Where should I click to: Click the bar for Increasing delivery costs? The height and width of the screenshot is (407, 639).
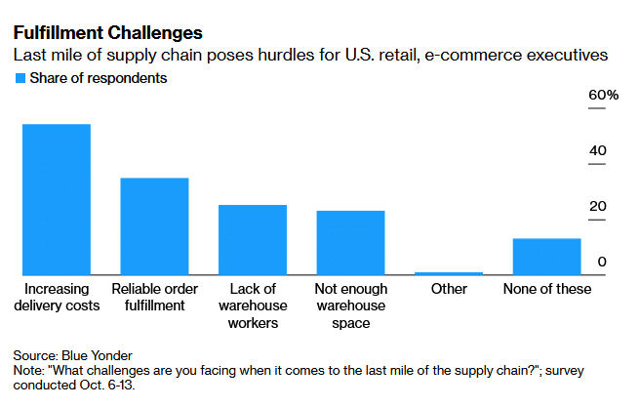[57, 200]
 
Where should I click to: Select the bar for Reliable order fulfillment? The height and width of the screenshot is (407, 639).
[154, 226]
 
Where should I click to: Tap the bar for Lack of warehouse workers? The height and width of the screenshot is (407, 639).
[253, 240]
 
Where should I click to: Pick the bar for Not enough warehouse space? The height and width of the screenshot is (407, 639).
[350, 243]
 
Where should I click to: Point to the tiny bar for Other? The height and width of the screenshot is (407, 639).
[449, 273]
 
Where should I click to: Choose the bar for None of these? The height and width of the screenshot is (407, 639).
[546, 257]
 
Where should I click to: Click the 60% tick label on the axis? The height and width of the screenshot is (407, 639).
[602, 95]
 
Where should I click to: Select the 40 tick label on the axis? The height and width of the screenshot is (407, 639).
[597, 150]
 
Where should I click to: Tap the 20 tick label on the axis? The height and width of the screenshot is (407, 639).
[597, 206]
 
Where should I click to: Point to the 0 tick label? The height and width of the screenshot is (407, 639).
[602, 262]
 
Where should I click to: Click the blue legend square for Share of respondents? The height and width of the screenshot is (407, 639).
[19, 78]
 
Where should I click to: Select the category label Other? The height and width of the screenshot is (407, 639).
[449, 289]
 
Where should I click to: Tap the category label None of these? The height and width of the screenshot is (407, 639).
[546, 289]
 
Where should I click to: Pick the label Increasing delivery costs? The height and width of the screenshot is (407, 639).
[57, 298]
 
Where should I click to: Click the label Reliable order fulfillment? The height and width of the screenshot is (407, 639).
[154, 298]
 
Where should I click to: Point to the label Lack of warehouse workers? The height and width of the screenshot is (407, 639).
[253, 305]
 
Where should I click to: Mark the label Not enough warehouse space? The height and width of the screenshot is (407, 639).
[350, 305]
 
